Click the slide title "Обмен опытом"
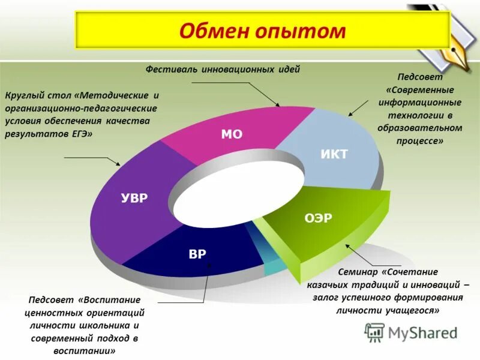[x=262, y=31]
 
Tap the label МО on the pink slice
[x=232, y=134]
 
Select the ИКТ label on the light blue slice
[x=334, y=154]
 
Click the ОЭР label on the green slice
[x=318, y=218]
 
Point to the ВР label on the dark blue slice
[x=197, y=254]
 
